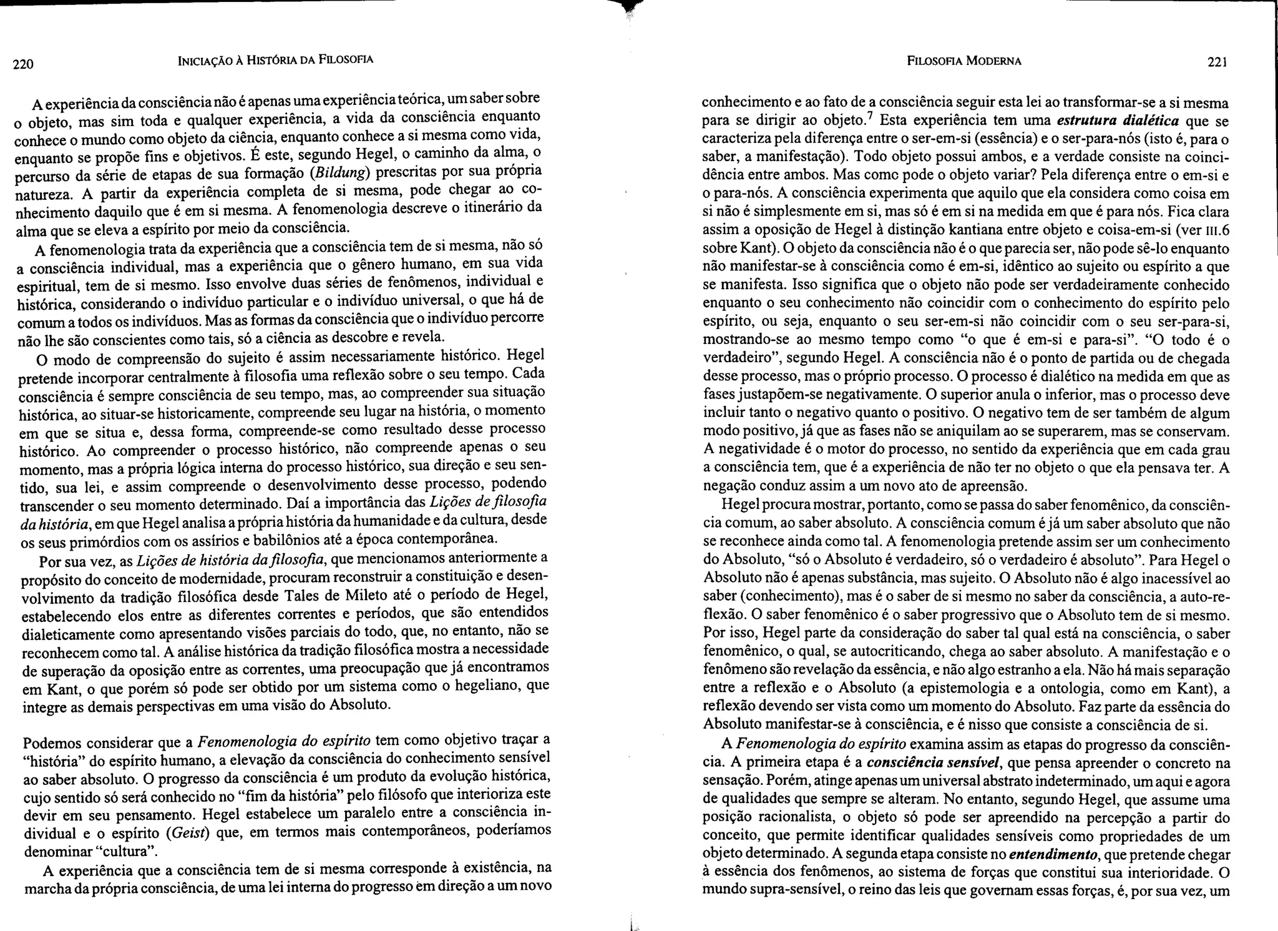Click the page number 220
pos(22,64)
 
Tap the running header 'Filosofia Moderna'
pos(964,61)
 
